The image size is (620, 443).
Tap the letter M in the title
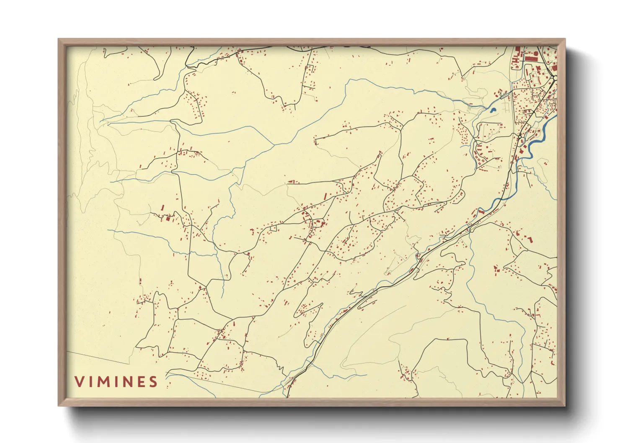tap(102, 381)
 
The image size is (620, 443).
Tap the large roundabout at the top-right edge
tap(554, 78)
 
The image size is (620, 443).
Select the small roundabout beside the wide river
tap(519, 137)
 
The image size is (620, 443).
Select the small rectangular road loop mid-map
tap(274, 229)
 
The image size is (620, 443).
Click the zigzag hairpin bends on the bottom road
tap(281, 368)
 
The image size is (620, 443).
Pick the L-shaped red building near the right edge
tap(530, 240)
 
